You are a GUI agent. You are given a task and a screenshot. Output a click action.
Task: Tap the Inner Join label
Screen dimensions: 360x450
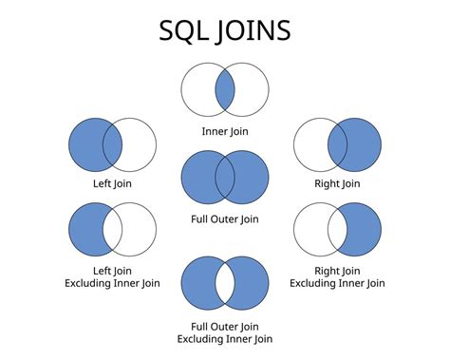225,130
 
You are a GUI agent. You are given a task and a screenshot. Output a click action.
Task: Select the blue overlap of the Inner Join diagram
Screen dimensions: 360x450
225,91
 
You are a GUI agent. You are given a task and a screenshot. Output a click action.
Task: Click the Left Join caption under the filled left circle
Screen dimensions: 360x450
112,183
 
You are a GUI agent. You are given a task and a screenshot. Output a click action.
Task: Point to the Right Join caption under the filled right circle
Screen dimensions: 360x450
337,183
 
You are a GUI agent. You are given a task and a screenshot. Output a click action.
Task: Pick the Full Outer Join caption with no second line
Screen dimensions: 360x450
225,219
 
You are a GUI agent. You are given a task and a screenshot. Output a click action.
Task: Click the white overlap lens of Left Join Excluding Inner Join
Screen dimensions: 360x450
112,230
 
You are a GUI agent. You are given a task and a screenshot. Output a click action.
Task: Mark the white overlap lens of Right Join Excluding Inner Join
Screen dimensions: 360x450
337,230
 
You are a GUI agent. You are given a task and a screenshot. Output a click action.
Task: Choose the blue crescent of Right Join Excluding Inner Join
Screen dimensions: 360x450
366,230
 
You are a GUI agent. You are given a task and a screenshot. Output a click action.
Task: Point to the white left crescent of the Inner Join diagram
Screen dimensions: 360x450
197,91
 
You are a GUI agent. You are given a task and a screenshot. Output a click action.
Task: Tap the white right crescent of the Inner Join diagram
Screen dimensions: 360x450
253,91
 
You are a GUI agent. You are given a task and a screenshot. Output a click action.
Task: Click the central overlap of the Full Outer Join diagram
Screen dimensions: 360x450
225,177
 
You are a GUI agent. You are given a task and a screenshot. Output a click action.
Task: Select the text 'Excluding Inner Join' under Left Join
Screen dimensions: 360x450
112,283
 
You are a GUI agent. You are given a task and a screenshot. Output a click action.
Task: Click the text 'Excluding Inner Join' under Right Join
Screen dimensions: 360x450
337,283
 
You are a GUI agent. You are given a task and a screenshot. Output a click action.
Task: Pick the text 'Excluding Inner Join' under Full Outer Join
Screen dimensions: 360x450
225,338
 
